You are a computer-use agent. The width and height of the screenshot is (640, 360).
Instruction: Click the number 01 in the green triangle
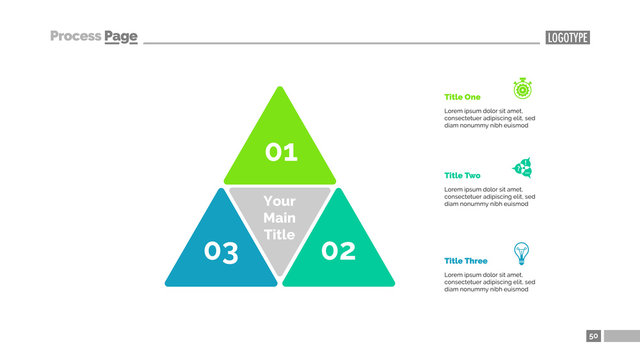[281, 152]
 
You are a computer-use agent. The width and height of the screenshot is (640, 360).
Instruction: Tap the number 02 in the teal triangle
[338, 251]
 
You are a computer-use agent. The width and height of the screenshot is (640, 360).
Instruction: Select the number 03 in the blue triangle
[221, 251]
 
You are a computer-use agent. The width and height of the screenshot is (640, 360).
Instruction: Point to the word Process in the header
[76, 37]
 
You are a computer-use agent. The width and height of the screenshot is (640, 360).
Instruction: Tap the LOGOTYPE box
[567, 37]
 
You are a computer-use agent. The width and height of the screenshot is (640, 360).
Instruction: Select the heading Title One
[462, 97]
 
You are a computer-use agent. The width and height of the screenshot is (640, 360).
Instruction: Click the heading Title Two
[462, 175]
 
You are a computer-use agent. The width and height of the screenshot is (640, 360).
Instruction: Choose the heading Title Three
[466, 261]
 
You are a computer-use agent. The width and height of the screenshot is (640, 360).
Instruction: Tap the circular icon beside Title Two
[521, 166]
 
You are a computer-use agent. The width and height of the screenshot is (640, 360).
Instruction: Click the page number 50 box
[593, 336]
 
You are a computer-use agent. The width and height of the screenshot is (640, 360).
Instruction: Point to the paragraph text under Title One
[489, 118]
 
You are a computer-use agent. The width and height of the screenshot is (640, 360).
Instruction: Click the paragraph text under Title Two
[489, 196]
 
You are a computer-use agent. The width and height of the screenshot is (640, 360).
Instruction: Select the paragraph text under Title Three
[489, 281]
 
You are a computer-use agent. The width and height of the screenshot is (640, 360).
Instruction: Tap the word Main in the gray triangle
[279, 218]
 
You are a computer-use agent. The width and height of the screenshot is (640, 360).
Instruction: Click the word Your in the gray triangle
[279, 202]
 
